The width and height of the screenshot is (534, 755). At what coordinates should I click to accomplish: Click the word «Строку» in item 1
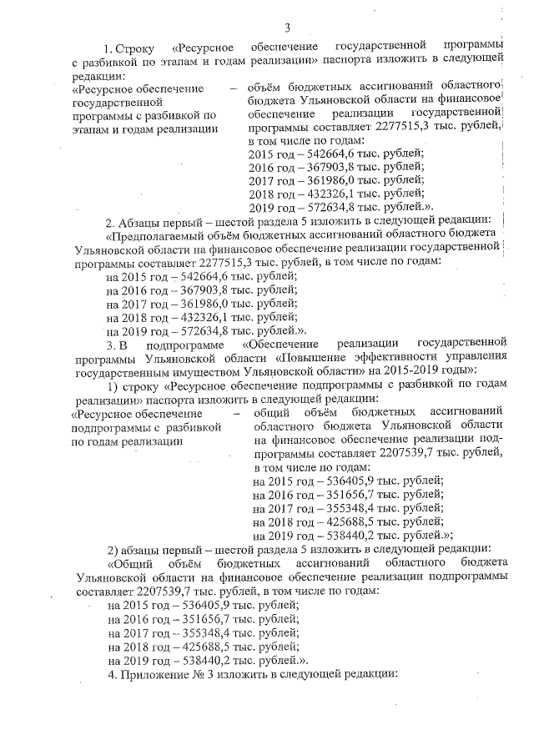(137, 44)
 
